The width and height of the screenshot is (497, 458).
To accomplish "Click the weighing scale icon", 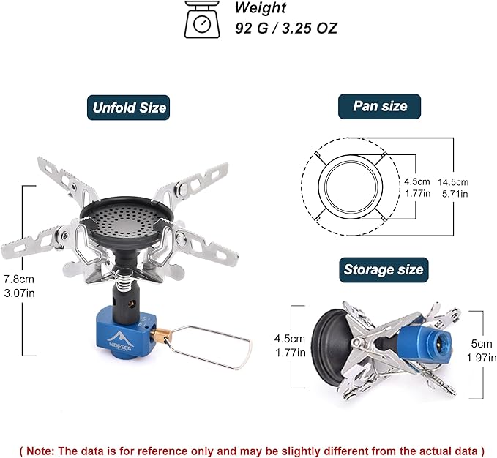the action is coord(202,19).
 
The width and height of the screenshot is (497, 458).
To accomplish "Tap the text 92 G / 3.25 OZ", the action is coord(286,29).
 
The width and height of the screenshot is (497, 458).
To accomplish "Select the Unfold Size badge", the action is coord(128,108).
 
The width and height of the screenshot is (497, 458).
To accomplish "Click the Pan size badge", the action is coord(379,106).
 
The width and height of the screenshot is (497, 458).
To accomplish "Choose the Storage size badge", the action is coord(384,270).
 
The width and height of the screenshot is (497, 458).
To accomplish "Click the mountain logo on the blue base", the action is coord(122,340).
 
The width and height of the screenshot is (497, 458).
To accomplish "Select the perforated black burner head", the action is coord(126,222).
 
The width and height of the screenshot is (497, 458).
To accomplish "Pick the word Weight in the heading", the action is coord(261,7).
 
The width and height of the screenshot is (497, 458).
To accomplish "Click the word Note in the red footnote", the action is coord(40,451).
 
